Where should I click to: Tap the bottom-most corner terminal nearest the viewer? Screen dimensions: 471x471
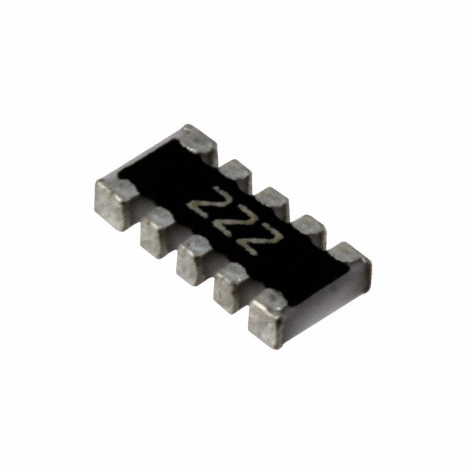point(270,312)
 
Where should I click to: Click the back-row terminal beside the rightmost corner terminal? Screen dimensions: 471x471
point(310,232)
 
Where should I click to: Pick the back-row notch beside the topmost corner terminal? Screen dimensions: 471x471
point(218,163)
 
